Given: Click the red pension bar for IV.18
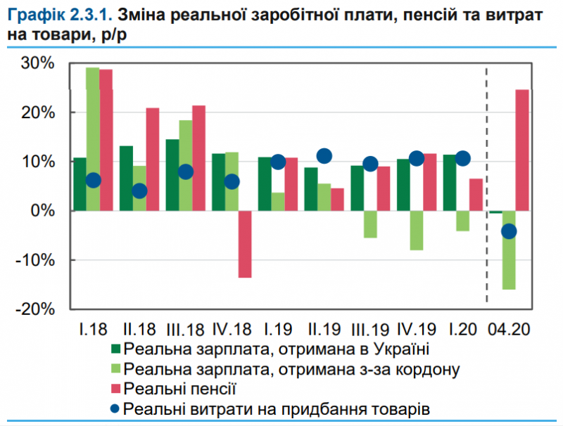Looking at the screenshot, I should point(245,244).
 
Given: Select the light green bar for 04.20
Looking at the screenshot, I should point(508,250).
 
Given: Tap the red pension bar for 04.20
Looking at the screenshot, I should point(522,150).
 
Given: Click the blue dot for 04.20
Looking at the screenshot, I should point(508,231).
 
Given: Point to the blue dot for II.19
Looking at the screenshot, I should point(324,156).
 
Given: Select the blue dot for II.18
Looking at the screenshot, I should point(139,191).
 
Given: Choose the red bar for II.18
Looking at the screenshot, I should point(153,159).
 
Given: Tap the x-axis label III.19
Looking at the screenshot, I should point(369,329).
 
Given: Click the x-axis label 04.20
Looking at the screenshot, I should point(510,329).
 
